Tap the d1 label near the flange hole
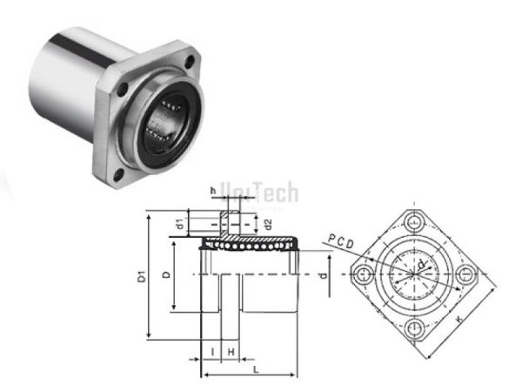click(x=179, y=224)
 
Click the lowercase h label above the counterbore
click(x=211, y=190)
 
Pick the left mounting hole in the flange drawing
click(x=365, y=274)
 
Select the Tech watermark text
click(x=275, y=191)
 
